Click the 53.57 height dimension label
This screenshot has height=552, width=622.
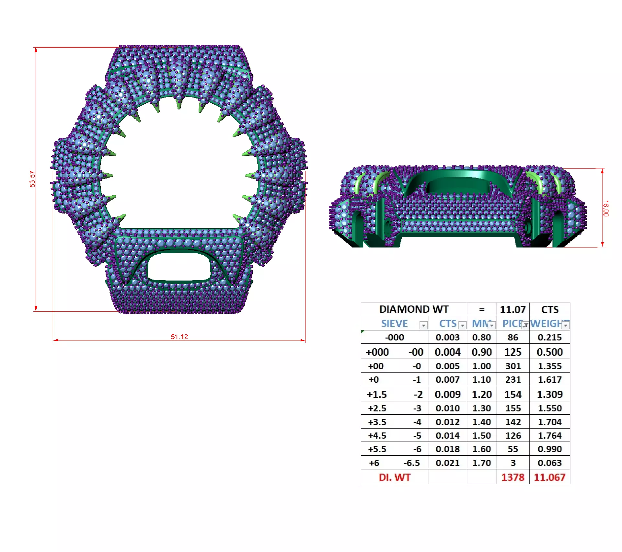32,179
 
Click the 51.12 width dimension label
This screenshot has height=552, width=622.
179,337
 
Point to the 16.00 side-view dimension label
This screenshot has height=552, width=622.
605,208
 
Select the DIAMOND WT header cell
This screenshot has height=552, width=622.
414,309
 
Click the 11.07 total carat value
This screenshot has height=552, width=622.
513,310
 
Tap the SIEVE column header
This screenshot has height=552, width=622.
394,323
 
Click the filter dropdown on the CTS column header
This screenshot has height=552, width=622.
463,325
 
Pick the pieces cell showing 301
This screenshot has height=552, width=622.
513,366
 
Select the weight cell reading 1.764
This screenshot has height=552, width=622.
550,436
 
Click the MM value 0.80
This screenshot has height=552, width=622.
481,338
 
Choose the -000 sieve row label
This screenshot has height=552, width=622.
394,338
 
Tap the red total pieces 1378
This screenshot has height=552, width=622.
513,477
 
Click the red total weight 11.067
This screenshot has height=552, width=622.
550,477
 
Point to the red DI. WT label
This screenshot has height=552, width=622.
394,477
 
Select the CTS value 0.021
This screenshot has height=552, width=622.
447,463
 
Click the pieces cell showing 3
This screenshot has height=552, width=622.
513,463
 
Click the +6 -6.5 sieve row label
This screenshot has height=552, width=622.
394,463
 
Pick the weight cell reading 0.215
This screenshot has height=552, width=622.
550,338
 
